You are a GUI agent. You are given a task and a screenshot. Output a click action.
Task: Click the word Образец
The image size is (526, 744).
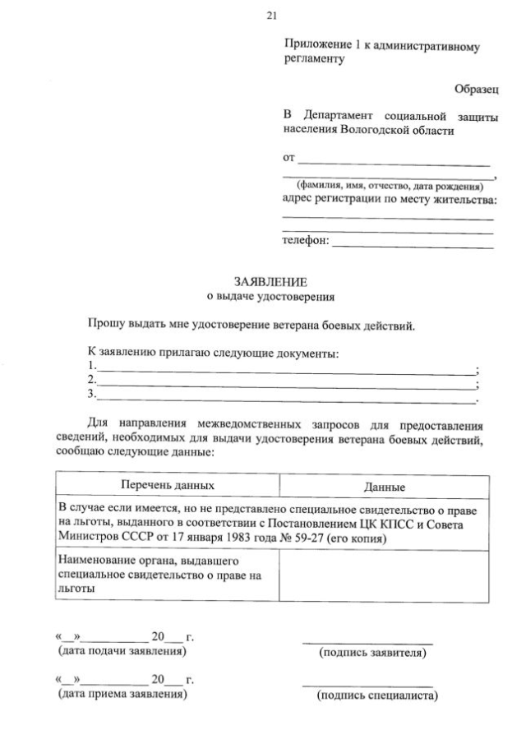pyautogui.click(x=476, y=89)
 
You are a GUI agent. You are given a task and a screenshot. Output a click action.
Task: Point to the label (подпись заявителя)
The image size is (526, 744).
pyautogui.click(x=372, y=654)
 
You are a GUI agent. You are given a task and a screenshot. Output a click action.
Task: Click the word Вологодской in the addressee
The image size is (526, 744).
pyautogui.click(x=370, y=131)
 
